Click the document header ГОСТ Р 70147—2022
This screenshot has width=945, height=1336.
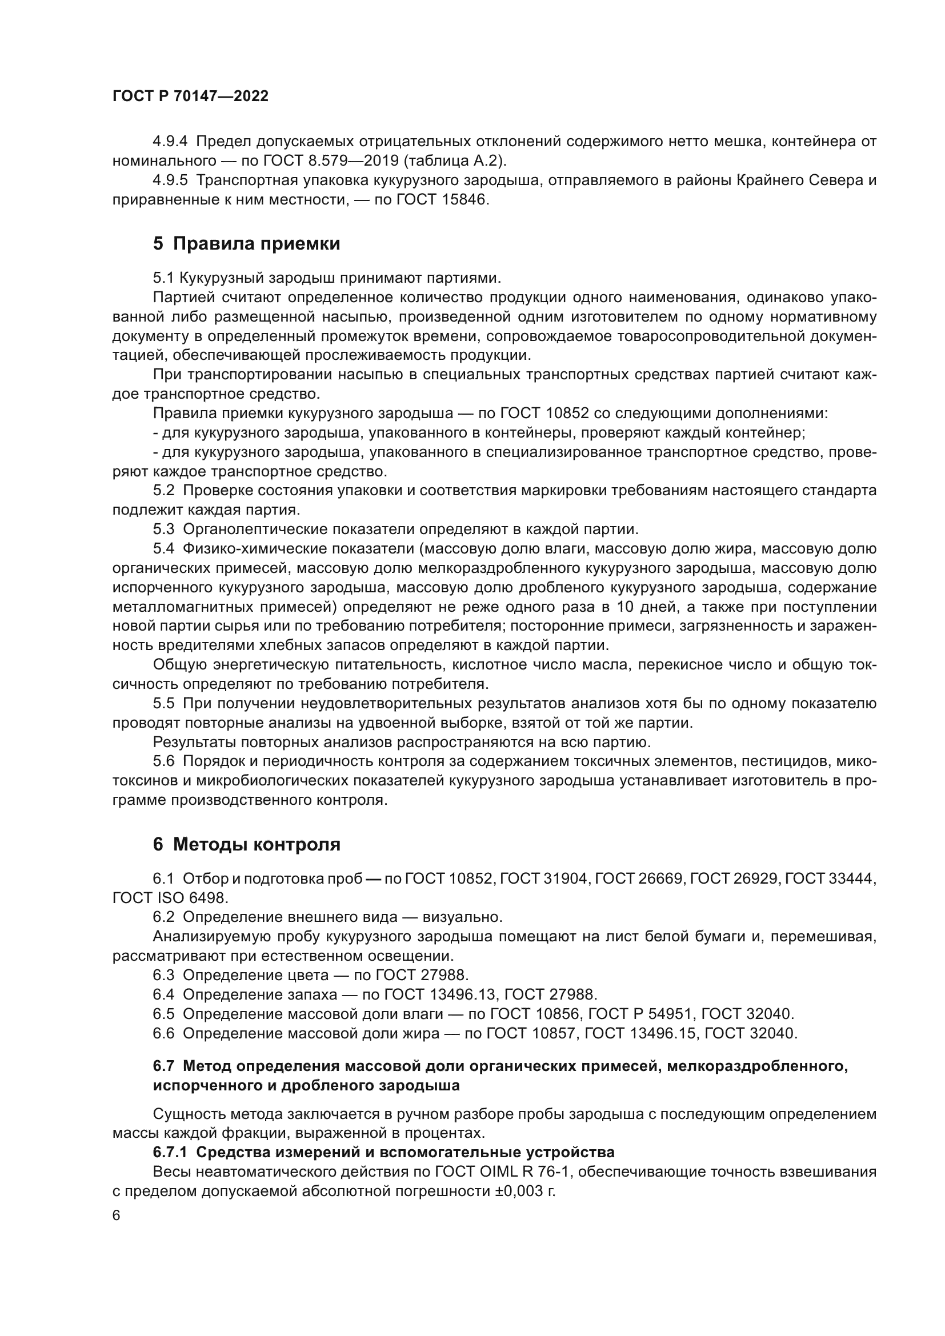coord(190,97)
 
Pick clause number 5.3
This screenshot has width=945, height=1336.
coord(163,529)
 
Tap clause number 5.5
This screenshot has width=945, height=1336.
coord(163,704)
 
